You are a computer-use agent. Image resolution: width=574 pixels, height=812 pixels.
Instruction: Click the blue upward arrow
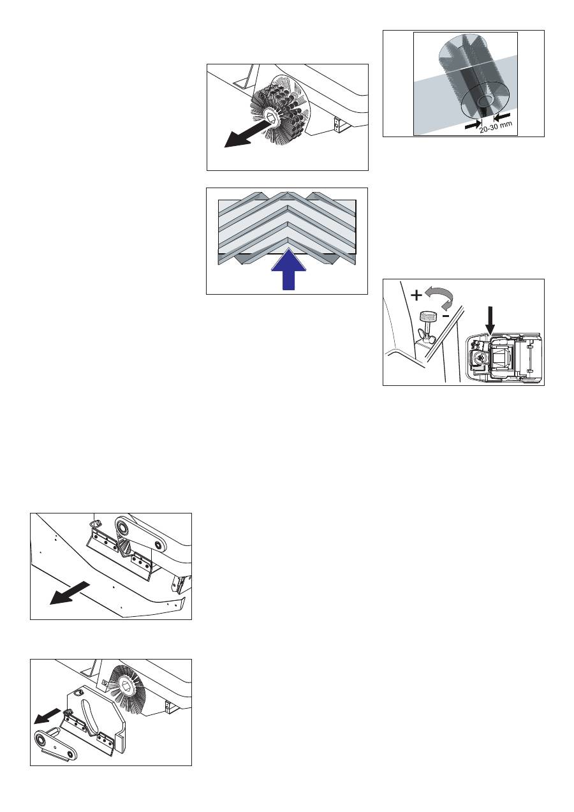pos(288,270)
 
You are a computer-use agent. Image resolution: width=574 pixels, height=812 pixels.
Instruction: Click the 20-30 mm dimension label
pos(496,127)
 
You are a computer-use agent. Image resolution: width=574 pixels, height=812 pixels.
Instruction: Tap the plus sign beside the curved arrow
pos(416,296)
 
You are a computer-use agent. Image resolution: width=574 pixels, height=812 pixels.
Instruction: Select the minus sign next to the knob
pos(446,316)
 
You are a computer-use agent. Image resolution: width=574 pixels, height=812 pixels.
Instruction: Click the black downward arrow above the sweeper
pos(490,320)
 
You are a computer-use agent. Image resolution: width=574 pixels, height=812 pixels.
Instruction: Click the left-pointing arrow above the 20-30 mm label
pos(502,116)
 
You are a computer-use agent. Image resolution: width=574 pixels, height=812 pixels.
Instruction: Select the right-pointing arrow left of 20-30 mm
pos(473,124)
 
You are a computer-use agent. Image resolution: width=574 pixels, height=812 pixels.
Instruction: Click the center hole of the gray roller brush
pos(484,100)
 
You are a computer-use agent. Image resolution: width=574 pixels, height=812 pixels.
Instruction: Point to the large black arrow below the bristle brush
pos(247,134)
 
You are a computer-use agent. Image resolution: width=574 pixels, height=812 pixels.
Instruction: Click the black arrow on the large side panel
pos(70,593)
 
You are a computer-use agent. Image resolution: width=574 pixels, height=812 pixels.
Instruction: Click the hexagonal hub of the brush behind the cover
pos(124,684)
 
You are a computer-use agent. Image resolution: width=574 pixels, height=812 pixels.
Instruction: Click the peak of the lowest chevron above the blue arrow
pos(288,238)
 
